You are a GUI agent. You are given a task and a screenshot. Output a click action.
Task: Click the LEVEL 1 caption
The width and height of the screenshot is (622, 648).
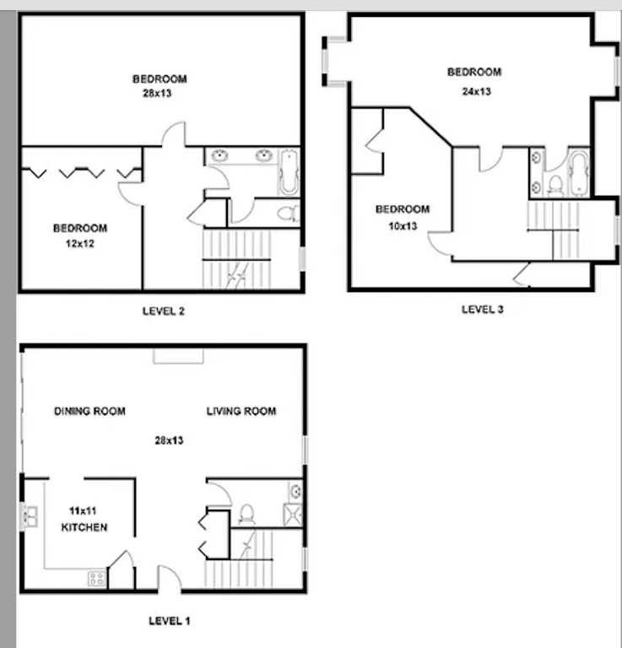click(169, 621)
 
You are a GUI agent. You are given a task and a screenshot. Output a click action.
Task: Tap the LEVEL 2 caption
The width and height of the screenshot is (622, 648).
click(163, 310)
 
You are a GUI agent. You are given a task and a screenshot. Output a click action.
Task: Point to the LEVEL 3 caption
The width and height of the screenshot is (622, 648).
click(482, 310)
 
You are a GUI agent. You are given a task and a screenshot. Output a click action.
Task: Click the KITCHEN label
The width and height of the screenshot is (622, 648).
click(84, 527)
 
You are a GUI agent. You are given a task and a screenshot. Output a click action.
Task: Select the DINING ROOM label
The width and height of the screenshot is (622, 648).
click(89, 412)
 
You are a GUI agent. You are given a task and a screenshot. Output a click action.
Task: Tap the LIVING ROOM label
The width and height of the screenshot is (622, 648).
click(241, 412)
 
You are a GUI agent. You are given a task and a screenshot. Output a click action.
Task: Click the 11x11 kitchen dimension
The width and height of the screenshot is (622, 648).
click(83, 510)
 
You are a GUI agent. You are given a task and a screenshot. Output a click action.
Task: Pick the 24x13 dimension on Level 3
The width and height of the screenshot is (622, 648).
click(473, 91)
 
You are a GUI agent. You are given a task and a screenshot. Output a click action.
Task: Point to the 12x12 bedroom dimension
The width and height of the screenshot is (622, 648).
click(79, 244)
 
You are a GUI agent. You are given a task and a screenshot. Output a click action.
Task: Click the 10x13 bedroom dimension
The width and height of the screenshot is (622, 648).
click(403, 225)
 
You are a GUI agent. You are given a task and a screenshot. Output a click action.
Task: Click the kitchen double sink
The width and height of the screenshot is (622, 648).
click(30, 516)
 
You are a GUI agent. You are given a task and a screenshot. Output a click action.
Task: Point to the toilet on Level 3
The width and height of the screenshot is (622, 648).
click(555, 184)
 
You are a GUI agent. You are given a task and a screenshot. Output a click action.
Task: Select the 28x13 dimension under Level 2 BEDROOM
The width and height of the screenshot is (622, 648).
click(158, 94)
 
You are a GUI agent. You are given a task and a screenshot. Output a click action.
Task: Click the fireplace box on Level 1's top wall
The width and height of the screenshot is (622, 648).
click(177, 354)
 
